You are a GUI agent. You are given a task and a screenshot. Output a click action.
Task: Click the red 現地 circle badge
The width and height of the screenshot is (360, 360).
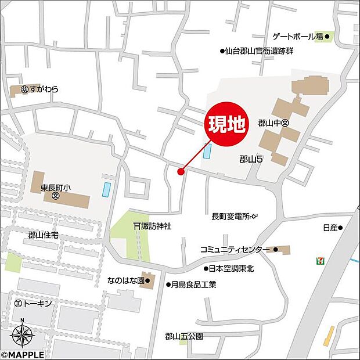227,123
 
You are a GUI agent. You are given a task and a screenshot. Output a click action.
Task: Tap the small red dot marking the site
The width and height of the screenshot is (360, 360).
181,171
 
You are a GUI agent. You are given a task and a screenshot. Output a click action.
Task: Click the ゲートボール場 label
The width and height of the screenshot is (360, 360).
303,37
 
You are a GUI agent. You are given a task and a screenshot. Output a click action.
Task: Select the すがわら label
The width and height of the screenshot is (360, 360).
44,90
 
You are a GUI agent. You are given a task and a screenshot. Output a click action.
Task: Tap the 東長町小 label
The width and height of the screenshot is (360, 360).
55,188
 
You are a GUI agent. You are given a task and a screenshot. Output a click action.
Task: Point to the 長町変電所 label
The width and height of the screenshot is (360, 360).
231,217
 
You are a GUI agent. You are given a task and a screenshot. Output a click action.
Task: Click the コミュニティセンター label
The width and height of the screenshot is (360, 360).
235,250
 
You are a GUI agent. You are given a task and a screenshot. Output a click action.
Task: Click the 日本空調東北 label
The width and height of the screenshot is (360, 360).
232,268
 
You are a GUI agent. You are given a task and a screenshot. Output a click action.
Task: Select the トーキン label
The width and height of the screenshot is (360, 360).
37,304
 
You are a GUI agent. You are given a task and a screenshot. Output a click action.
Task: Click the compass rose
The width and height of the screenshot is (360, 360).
22,335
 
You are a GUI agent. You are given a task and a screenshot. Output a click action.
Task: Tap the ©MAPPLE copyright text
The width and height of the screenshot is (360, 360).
23,354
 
